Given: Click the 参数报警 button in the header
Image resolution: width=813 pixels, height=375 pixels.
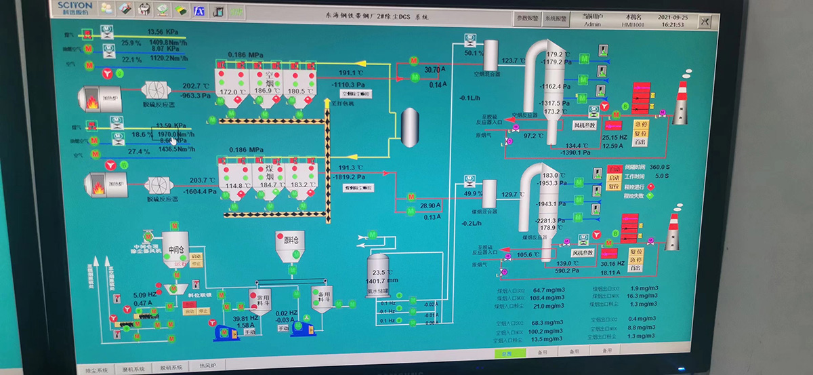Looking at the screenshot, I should pyautogui.click(x=528, y=19).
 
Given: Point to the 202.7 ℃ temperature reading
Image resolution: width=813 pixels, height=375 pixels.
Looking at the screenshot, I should pyautogui.click(x=196, y=86).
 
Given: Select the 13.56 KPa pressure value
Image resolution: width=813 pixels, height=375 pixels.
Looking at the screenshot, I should pyautogui.click(x=163, y=32).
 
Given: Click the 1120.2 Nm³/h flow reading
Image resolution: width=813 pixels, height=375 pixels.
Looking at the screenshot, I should pyautogui.click(x=167, y=58).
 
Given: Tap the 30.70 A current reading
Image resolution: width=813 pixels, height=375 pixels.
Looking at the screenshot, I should pyautogui.click(x=433, y=69).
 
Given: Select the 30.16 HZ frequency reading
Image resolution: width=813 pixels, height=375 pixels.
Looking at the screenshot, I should pyautogui.click(x=613, y=264).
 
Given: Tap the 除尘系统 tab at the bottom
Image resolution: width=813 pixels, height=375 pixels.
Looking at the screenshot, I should pyautogui.click(x=97, y=369).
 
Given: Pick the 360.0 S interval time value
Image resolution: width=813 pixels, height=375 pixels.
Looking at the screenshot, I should pyautogui.click(x=660, y=167).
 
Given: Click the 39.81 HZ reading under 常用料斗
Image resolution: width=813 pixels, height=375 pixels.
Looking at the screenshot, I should pyautogui.click(x=245, y=318).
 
